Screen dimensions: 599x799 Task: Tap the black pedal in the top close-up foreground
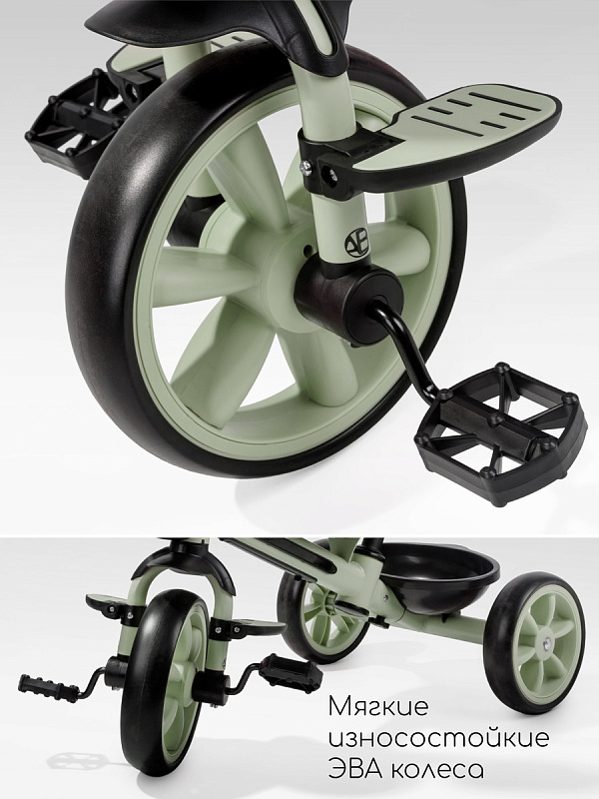(x=497, y=433)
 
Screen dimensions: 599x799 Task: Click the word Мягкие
(x=378, y=707)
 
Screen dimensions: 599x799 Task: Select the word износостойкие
(x=439, y=738)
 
